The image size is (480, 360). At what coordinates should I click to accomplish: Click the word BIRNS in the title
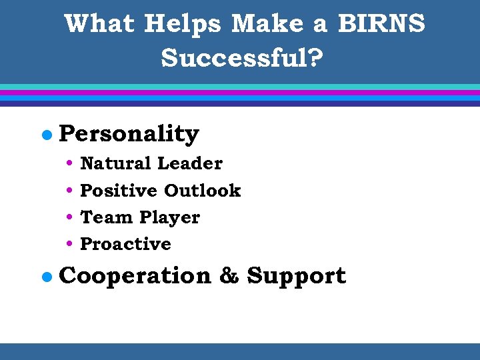pyautogui.click(x=381, y=25)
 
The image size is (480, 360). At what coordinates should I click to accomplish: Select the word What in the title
pyautogui.click(x=99, y=25)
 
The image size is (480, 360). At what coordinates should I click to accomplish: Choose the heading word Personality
pyautogui.click(x=129, y=134)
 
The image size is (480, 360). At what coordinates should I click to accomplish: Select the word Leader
pyautogui.click(x=189, y=163)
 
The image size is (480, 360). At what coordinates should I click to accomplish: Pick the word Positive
pyautogui.click(x=118, y=191)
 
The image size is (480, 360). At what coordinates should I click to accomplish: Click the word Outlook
pyautogui.click(x=202, y=191)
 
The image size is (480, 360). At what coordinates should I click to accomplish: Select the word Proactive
pyautogui.click(x=125, y=245)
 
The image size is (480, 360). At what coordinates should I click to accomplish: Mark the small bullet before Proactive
pyautogui.click(x=71, y=245)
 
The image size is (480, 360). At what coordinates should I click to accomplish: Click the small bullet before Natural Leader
pyautogui.click(x=71, y=163)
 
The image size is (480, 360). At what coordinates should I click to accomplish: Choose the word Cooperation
pyautogui.click(x=134, y=276)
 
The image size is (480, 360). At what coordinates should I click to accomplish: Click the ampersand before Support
pyautogui.click(x=229, y=276)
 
